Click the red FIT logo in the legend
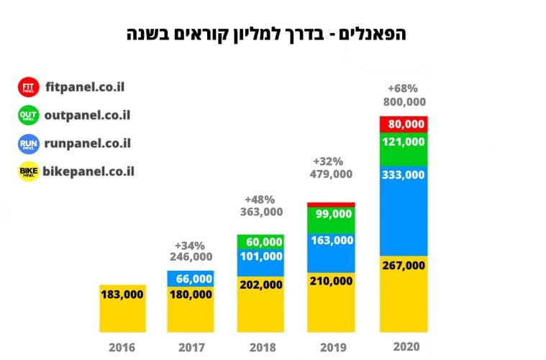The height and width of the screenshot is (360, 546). click(x=28, y=88)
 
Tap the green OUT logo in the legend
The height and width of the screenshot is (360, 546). click(x=28, y=115)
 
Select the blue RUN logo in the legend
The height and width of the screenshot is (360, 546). click(x=28, y=143)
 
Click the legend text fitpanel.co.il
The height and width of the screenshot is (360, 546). click(x=84, y=87)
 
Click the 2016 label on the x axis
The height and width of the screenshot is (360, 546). click(x=122, y=347)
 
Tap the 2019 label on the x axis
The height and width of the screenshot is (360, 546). click(x=332, y=347)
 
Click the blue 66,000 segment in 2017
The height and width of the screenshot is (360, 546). click(x=191, y=279)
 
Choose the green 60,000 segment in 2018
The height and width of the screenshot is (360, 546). click(x=260, y=241)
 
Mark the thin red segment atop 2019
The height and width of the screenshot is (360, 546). click(x=331, y=204)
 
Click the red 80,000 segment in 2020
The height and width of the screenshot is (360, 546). click(x=404, y=124)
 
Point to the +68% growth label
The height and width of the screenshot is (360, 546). click(x=403, y=89)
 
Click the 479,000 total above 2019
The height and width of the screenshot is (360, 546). click(x=332, y=174)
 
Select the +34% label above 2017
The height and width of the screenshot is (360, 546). click(x=190, y=244)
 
